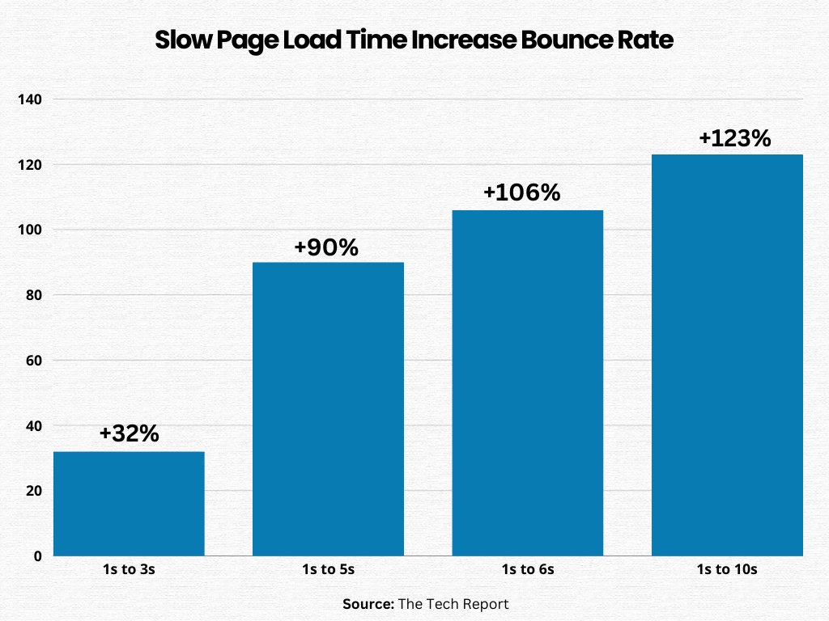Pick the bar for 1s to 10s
(727, 355)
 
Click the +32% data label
(129, 433)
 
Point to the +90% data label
(328, 247)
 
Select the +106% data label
(521, 193)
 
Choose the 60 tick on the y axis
(35, 361)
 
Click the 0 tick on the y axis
(38, 556)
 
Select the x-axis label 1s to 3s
(129, 569)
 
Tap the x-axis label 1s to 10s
(727, 569)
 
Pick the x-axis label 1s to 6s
(527, 569)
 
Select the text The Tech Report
(454, 604)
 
